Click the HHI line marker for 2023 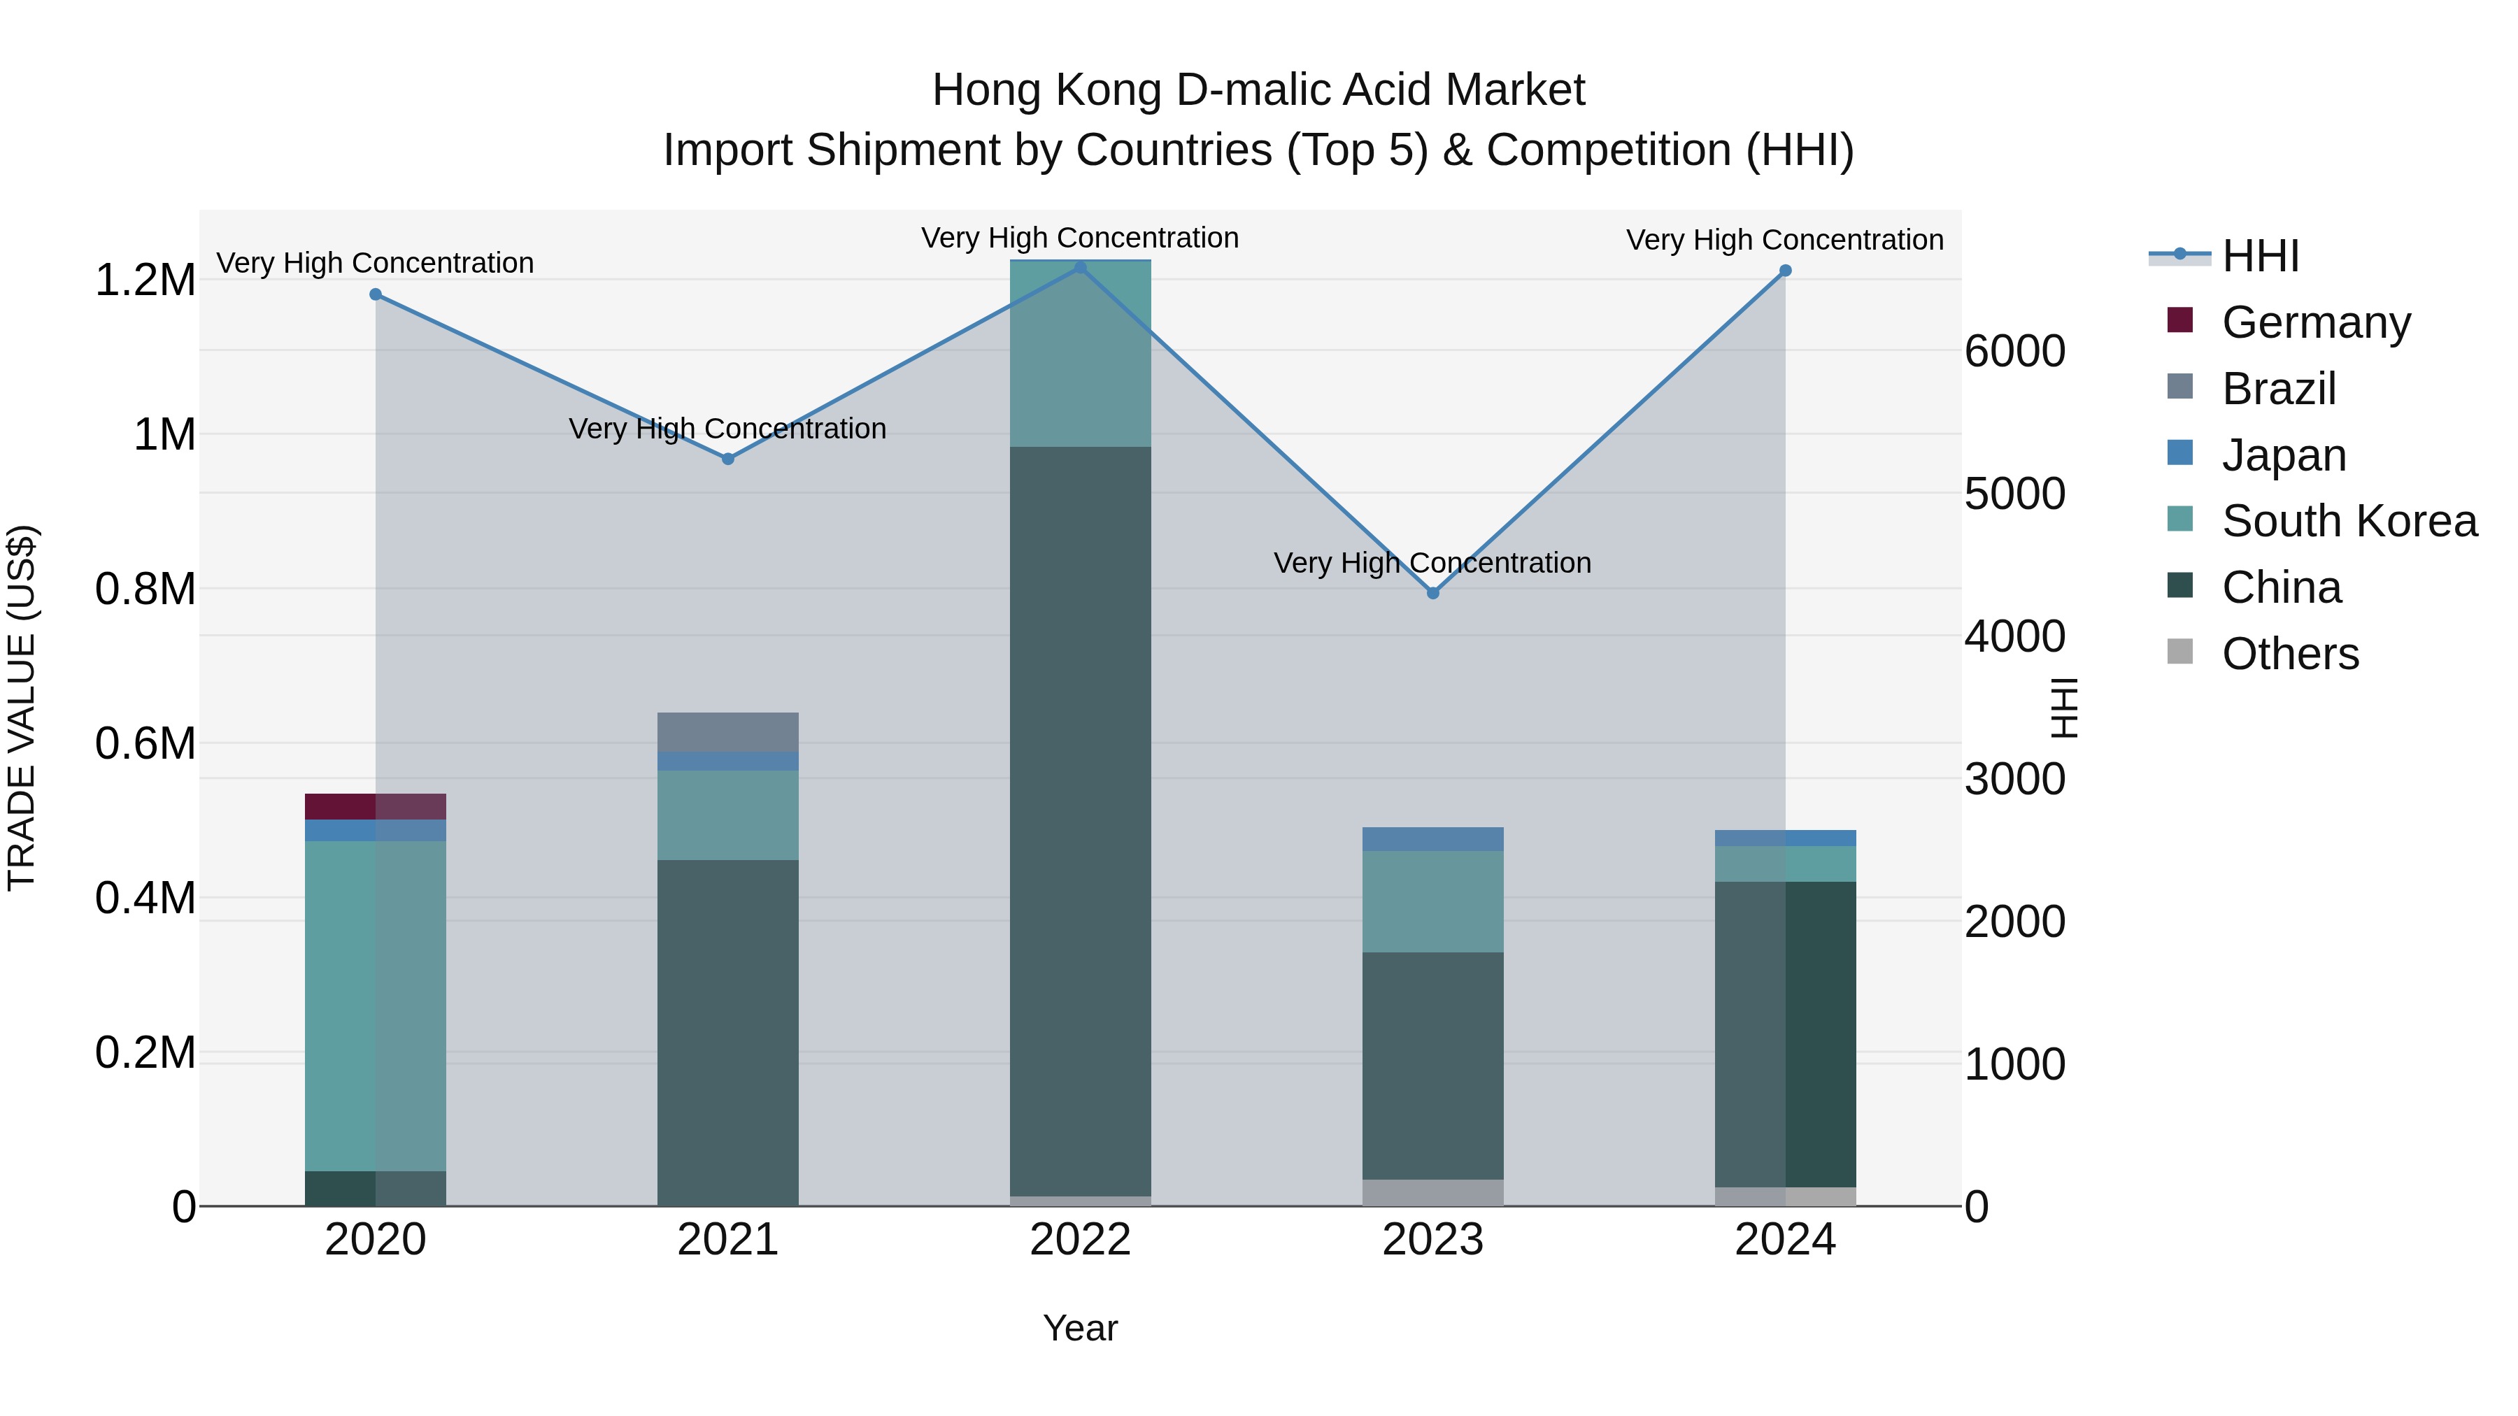[x=1433, y=593]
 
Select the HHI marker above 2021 [x=727, y=458]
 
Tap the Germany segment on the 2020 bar [x=376, y=806]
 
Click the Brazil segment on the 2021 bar [x=727, y=732]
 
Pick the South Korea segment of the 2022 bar [x=1080, y=354]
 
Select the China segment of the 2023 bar [x=1433, y=1065]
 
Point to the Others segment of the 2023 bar [x=1433, y=1192]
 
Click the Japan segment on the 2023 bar [x=1433, y=838]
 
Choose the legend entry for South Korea [x=2349, y=521]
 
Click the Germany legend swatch [x=2179, y=320]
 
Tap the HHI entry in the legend [x=2260, y=256]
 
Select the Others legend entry [x=2289, y=654]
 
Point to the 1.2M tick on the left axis [x=145, y=280]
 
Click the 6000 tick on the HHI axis [x=2016, y=351]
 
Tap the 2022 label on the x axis [x=1080, y=1240]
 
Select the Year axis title [x=1080, y=1328]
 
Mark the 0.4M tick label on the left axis [x=145, y=898]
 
